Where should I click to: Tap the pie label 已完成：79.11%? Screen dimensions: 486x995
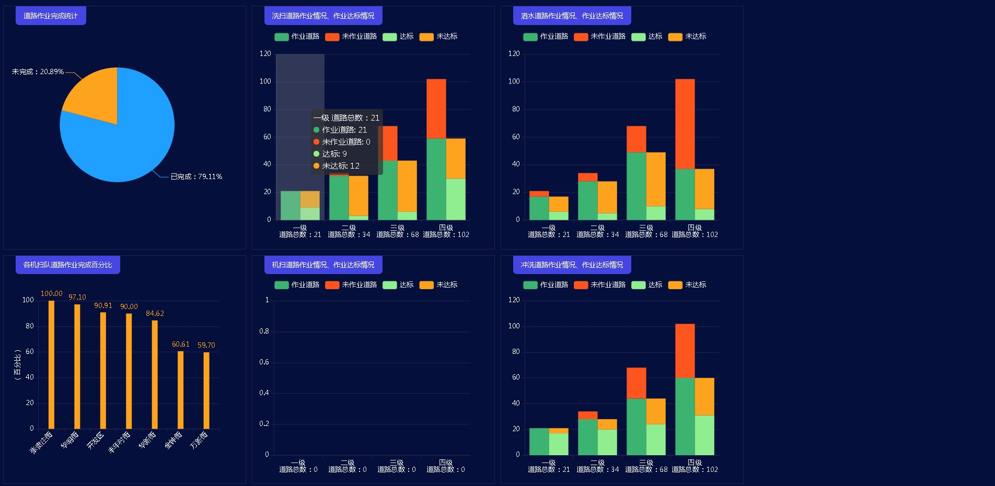click(196, 177)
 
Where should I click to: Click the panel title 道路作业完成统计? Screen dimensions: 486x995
click(51, 16)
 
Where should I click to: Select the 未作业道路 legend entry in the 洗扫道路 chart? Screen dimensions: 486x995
click(351, 37)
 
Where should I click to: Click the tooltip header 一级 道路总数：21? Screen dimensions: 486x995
click(346, 118)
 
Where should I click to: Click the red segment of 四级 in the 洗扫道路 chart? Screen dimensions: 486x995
click(436, 109)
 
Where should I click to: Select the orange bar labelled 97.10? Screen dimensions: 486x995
click(77, 366)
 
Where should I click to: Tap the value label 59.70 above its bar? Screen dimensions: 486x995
click(206, 345)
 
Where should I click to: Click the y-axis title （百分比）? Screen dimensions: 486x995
click(18, 365)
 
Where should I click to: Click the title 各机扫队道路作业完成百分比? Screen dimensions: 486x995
click(67, 265)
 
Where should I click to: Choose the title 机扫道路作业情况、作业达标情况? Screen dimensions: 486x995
click(323, 265)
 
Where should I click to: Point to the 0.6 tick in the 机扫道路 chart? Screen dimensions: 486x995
click(264, 362)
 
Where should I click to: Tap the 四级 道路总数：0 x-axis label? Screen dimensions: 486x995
click(445, 466)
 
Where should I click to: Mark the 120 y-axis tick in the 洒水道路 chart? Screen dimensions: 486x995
click(514, 54)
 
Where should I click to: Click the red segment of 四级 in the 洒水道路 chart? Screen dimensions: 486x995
click(685, 124)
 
